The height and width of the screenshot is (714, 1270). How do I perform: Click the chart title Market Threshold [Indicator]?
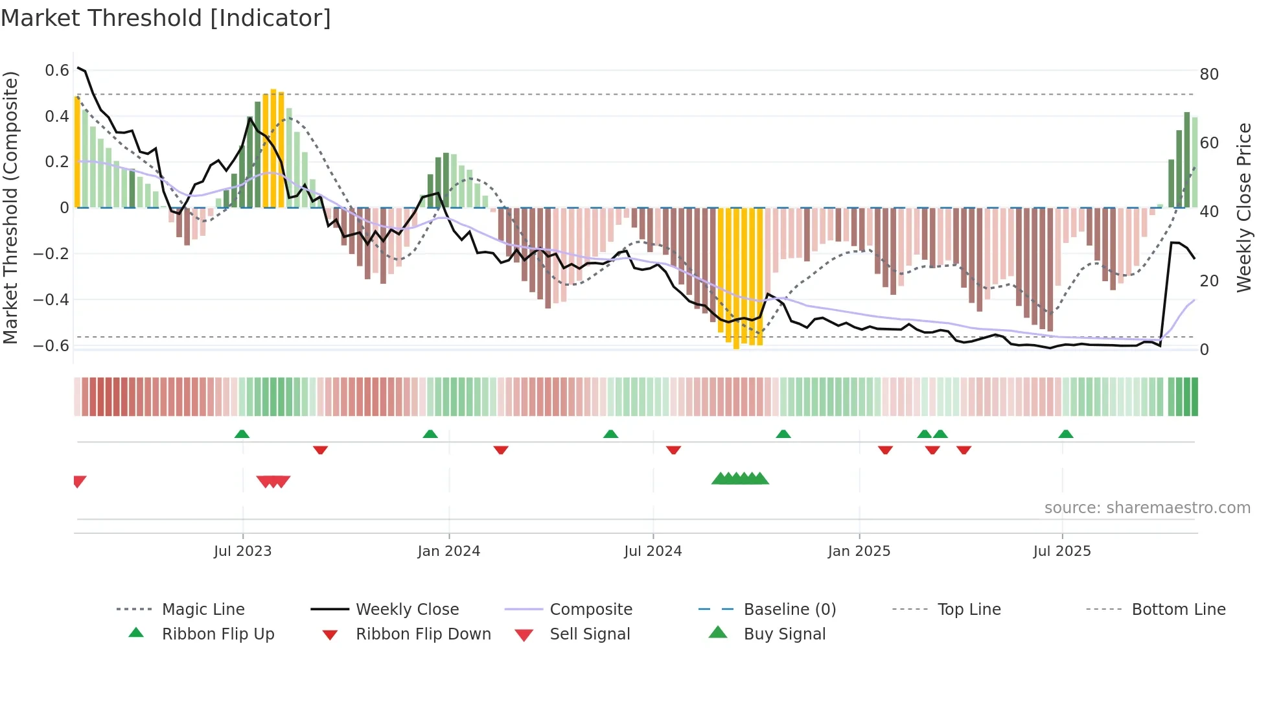[x=166, y=18]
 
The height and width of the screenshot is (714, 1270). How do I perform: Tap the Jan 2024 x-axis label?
[x=448, y=551]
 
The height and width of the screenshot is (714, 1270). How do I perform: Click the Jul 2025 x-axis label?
[x=1061, y=551]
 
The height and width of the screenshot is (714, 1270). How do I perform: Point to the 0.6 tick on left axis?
[x=57, y=70]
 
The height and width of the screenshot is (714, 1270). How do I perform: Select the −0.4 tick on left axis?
[x=52, y=299]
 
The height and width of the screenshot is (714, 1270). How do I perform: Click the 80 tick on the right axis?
[x=1209, y=75]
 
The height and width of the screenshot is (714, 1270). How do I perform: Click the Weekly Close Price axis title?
[x=1243, y=207]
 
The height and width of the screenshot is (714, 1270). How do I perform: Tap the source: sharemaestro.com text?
[x=1147, y=507]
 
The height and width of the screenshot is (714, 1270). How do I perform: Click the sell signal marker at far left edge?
[x=79, y=481]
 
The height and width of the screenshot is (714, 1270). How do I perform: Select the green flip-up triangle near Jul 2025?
[x=1066, y=433]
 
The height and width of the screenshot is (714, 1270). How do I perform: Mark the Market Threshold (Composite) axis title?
[x=11, y=207]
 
